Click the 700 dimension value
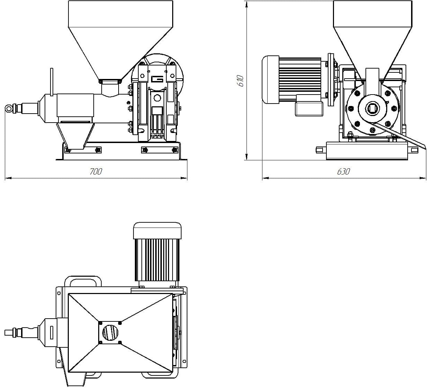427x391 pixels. point(96,171)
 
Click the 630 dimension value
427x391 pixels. point(343,171)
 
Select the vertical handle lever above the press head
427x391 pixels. point(52,81)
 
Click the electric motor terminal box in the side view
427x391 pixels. point(308,108)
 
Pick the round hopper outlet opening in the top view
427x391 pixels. point(110,333)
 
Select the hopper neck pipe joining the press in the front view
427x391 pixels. point(110,90)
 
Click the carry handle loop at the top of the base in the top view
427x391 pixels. point(83,281)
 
